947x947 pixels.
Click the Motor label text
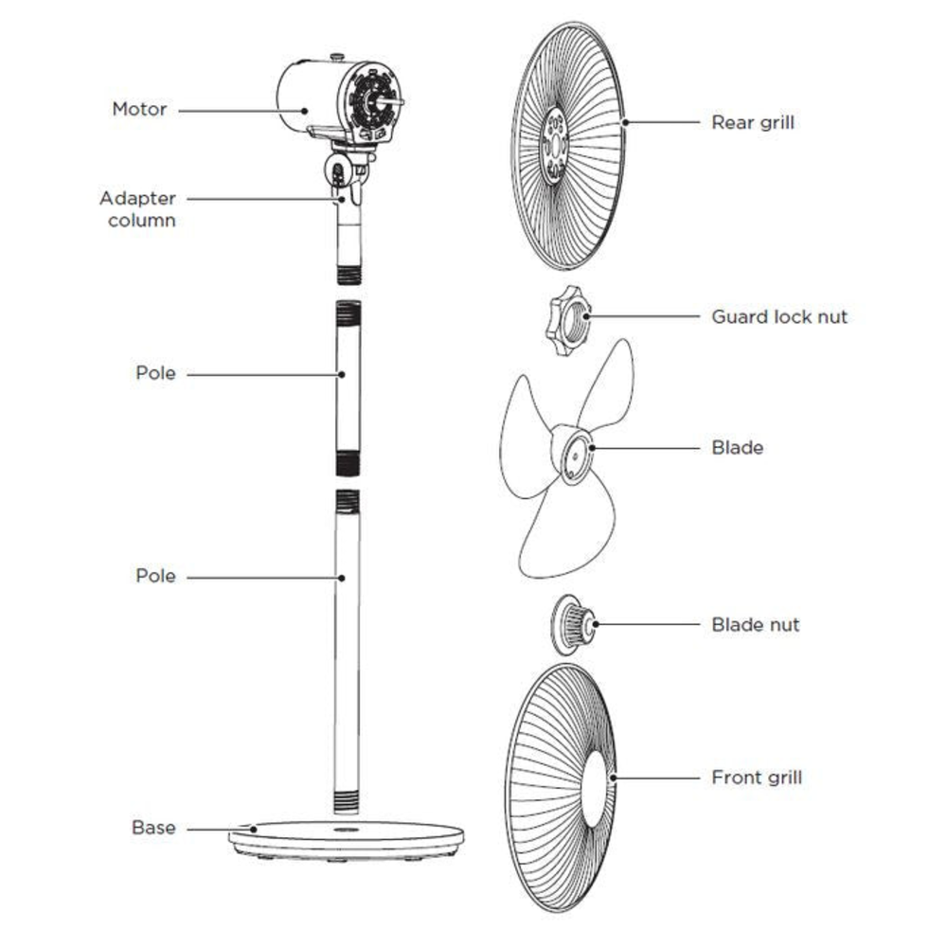[139, 109]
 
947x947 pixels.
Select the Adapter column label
[137, 209]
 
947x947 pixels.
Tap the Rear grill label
[753, 122]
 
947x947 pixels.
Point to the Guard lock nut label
[779, 316]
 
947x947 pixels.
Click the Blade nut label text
[755, 624]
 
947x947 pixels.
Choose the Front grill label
[756, 777]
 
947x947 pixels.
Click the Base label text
[153, 828]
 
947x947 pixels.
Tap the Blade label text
[737, 447]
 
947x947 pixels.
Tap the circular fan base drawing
[347, 838]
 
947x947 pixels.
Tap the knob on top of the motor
[335, 57]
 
